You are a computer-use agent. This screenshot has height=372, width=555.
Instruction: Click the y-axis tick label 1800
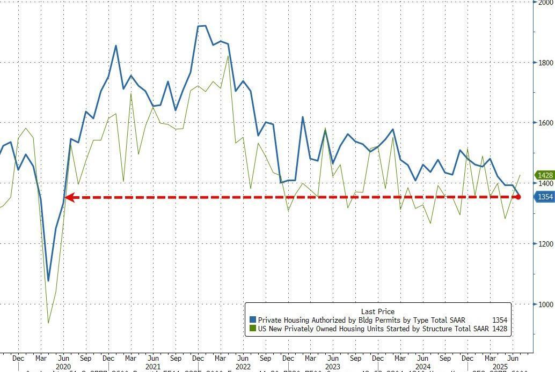point(546,62)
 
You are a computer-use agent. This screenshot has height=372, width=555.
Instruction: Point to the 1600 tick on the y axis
point(546,123)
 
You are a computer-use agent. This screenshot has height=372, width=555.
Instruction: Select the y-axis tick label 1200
point(546,243)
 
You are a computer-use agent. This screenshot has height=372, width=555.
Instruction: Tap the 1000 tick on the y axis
point(546,304)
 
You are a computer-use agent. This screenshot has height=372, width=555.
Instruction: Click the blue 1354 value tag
point(543,197)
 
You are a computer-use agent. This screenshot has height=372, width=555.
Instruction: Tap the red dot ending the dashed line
point(518,197)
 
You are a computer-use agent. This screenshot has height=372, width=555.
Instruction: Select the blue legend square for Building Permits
point(252,320)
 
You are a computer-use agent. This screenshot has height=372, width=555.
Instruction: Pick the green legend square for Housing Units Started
point(252,329)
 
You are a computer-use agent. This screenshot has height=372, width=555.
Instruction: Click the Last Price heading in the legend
point(378,311)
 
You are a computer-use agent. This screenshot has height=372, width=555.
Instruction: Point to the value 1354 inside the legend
point(499,320)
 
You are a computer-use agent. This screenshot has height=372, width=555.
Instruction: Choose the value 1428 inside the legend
point(499,329)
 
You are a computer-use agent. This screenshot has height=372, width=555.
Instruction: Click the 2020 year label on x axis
point(63,367)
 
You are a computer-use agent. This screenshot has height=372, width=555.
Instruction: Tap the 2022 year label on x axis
point(242,367)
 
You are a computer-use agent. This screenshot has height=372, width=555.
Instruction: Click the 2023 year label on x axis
point(333,367)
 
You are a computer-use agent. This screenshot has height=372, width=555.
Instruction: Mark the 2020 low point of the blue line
point(48,280)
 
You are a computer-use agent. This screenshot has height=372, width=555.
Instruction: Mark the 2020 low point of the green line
point(48,323)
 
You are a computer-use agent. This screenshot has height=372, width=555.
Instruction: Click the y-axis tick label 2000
point(546,2)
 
